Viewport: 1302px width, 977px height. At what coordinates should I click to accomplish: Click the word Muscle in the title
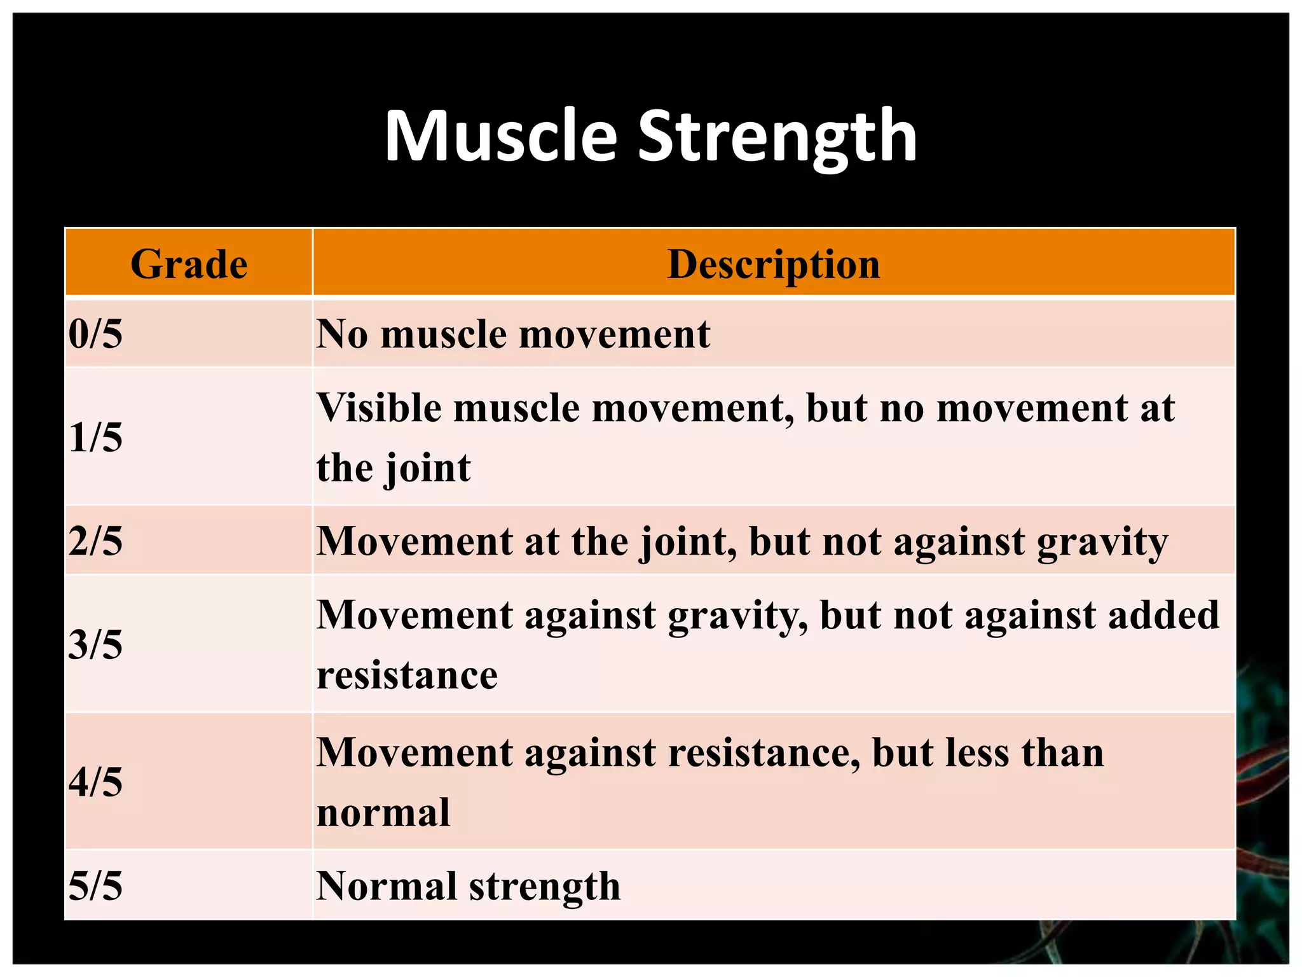point(500,137)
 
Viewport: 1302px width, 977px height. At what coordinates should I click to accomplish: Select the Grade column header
point(189,264)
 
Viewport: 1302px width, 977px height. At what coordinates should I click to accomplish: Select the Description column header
point(774,264)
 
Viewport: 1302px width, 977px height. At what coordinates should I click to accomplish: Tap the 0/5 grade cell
point(95,334)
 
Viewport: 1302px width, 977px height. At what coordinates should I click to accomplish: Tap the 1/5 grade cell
point(95,438)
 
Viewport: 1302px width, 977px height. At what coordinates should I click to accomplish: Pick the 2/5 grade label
point(95,541)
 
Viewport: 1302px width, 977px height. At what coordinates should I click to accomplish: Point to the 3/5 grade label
point(95,644)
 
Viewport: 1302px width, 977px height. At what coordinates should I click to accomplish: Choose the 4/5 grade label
point(95,782)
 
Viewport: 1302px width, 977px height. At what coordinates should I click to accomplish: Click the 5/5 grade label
point(95,885)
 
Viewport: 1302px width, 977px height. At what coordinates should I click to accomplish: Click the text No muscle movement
point(512,334)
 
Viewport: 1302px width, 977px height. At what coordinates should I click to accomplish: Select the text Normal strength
point(468,885)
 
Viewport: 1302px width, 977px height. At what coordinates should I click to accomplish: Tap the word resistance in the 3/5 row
point(407,675)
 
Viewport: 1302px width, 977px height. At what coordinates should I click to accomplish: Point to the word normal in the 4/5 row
point(383,813)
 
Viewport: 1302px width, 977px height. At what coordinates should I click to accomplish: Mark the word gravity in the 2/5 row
point(1102,543)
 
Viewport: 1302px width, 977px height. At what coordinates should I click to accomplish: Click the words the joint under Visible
point(394,468)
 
